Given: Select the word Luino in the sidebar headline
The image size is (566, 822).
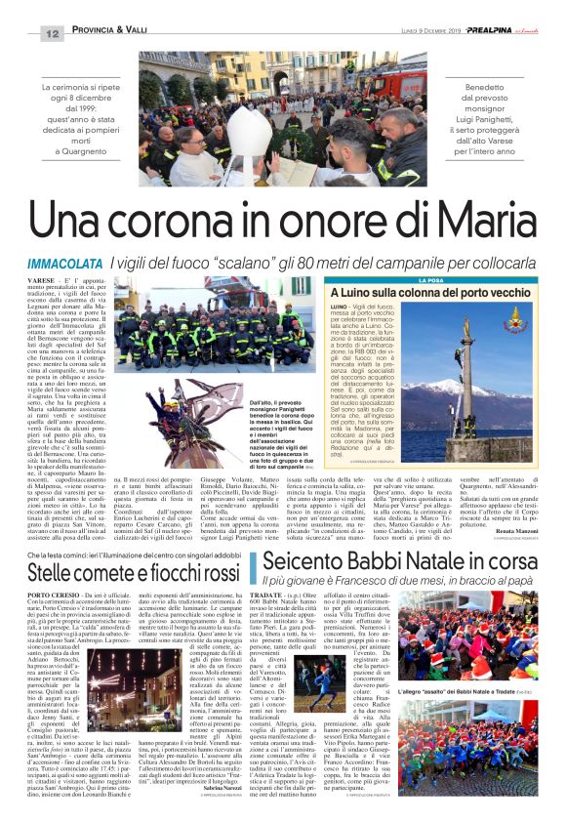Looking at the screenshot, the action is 356,293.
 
